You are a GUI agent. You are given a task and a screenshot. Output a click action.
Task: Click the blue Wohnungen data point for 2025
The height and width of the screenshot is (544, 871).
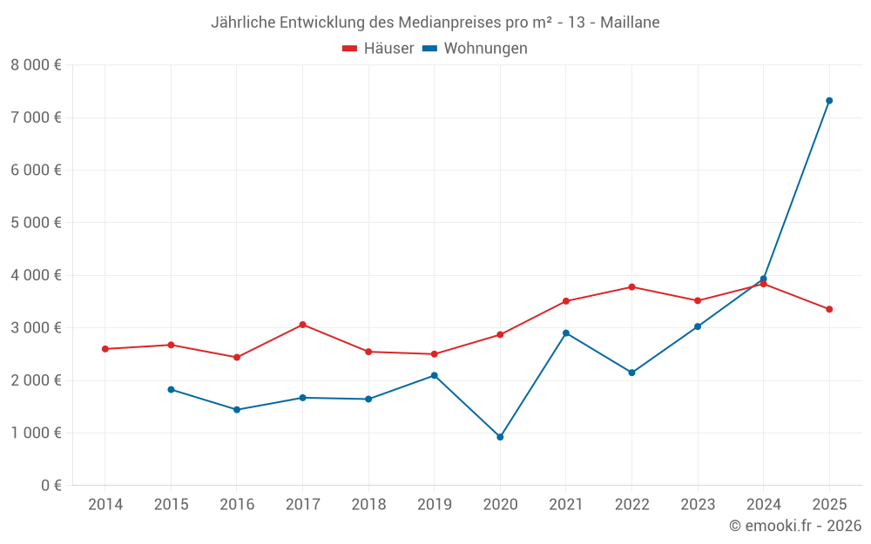[829, 101]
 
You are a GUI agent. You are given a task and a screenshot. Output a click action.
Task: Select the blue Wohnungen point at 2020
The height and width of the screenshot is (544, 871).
[500, 437]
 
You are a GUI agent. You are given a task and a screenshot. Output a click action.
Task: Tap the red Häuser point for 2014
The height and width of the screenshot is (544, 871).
[105, 349]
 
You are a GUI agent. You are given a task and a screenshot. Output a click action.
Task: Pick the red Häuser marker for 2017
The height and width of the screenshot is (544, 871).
[302, 325]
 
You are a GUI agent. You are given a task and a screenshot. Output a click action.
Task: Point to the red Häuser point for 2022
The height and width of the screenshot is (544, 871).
[631, 287]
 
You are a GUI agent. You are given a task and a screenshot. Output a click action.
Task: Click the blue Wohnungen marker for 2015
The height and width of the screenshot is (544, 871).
[171, 390]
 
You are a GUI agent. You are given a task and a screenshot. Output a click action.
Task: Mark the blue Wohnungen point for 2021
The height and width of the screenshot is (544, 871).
[566, 333]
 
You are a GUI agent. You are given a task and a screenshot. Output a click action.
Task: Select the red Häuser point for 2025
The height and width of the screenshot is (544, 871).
[829, 309]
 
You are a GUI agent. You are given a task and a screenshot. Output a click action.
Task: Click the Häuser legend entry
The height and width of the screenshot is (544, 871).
[378, 49]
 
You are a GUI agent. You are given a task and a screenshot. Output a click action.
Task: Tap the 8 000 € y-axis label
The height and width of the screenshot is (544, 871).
[36, 65]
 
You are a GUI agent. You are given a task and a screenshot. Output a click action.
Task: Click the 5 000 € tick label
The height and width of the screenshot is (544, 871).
[36, 223]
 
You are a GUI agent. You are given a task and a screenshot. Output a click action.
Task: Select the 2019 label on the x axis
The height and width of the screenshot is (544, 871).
[434, 505]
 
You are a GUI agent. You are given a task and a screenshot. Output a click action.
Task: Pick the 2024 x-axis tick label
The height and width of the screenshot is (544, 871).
[763, 505]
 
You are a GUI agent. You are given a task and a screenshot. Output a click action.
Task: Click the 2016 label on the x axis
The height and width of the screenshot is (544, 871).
[237, 505]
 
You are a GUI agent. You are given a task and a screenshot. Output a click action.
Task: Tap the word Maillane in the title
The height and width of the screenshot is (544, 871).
[630, 22]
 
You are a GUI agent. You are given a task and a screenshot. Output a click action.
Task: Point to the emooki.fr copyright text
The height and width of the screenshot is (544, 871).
[794, 526]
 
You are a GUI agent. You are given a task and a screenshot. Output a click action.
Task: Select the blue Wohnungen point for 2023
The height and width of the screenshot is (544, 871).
[698, 327]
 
